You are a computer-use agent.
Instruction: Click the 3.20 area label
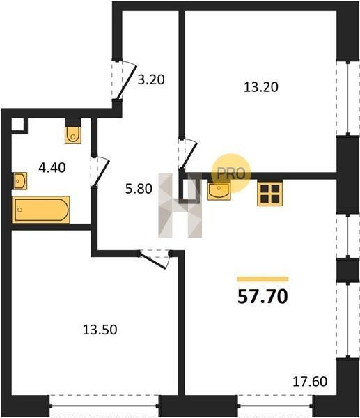151,79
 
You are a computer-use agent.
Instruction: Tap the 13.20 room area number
261,87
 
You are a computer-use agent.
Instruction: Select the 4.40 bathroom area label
52,168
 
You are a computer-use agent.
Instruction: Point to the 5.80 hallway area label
139,189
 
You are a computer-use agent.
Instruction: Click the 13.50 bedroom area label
100,330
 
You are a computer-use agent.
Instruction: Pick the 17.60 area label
310,381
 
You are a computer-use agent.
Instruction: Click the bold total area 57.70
263,297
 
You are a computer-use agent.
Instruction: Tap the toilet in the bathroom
72,134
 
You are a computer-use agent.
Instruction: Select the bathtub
41,210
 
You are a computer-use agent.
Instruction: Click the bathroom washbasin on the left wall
19,181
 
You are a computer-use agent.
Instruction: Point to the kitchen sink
219,190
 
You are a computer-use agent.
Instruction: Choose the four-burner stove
269,193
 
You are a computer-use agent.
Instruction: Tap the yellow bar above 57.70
263,279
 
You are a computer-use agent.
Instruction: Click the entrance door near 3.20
124,79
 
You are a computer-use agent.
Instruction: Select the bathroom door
100,171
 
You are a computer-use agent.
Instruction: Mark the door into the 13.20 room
188,155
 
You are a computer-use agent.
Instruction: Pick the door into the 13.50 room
155,259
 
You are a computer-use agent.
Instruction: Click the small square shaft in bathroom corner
19,125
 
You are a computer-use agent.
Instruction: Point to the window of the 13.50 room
104,405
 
